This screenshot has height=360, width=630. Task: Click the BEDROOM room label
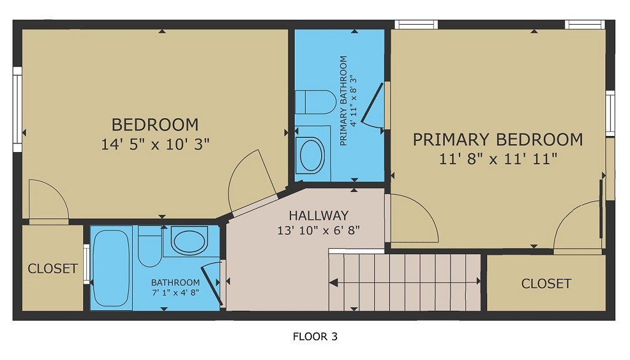pos(155,125)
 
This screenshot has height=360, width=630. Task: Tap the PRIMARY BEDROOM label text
pos(498,140)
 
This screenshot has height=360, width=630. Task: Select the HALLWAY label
pos(318,216)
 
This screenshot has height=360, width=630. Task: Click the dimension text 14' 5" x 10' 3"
pos(155,145)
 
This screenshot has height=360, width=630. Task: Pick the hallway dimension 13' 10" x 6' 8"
pos(318,231)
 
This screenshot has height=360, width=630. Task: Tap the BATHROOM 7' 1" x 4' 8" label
pos(175,287)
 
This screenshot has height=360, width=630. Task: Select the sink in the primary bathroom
pos(311,154)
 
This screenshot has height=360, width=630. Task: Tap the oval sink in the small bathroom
pos(190,241)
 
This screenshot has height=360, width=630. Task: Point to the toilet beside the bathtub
pos(149,248)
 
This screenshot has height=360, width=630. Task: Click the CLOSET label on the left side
pos(52,269)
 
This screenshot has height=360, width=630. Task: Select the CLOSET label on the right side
pos(546,284)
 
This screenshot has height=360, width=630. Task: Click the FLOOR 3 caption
pos(314,337)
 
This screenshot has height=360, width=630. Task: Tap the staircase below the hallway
pos(405,282)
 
